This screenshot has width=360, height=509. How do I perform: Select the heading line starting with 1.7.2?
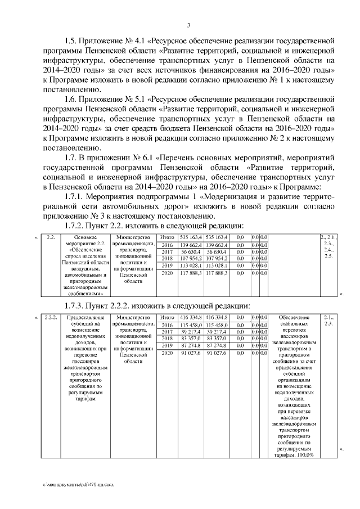click(x=147, y=226)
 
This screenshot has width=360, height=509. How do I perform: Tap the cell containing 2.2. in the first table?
click(x=52, y=237)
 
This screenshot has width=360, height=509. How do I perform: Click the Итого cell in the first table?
click(x=167, y=237)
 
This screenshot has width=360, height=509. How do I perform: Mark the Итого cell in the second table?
click(x=167, y=318)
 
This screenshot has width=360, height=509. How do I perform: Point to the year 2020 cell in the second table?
click(x=167, y=353)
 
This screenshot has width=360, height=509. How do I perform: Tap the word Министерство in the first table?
click(x=133, y=237)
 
